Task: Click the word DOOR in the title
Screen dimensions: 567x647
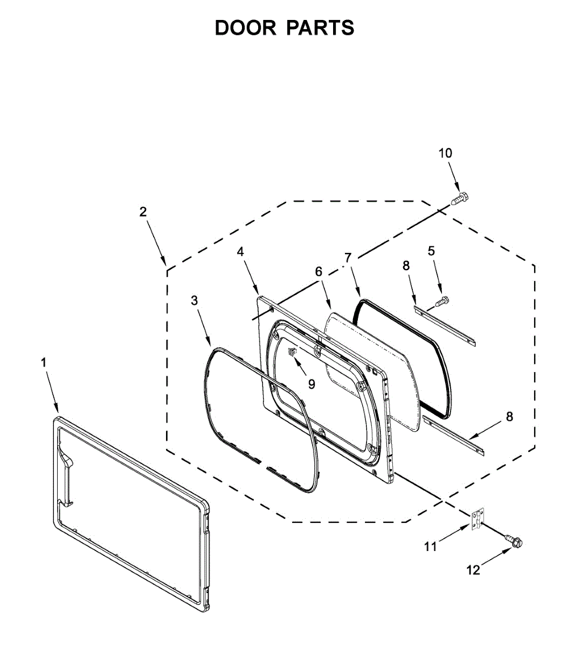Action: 245,28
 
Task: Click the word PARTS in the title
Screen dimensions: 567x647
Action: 320,28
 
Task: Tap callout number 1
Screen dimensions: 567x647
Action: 44,363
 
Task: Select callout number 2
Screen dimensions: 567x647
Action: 143,212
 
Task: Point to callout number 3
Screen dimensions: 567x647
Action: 195,301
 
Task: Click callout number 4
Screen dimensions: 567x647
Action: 240,251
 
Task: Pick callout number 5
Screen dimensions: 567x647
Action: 431,251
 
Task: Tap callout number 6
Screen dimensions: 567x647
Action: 319,272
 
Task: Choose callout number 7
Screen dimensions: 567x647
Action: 348,258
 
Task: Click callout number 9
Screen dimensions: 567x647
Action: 311,383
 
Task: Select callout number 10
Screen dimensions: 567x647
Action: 445,153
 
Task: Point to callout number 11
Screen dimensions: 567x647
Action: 430,547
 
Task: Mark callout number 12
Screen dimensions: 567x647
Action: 473,570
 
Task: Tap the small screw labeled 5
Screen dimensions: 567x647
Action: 442,301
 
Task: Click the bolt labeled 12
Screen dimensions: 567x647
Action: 514,539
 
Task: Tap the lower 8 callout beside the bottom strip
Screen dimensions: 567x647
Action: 509,416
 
